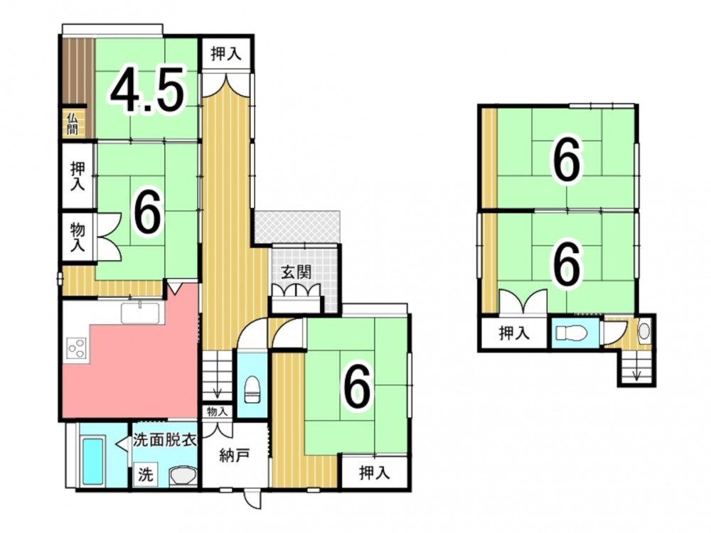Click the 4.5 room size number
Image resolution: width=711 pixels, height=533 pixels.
(x=147, y=90)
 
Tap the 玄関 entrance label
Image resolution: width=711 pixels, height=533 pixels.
(x=296, y=272)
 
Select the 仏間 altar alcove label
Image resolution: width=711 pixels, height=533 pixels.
(x=73, y=124)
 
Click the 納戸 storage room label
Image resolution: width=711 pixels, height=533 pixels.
(x=234, y=456)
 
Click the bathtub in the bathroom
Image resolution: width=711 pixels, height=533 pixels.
(x=93, y=460)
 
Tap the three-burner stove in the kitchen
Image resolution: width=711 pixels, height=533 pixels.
(x=77, y=348)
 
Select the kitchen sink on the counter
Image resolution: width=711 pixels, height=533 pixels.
(x=140, y=313)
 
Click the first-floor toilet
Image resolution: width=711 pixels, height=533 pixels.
(x=252, y=389)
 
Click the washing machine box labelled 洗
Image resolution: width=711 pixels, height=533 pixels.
(x=146, y=475)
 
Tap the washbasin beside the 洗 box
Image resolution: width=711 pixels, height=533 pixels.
(x=183, y=476)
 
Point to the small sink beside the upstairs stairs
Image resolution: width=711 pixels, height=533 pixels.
(x=644, y=332)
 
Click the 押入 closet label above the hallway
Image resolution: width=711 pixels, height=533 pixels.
(x=226, y=54)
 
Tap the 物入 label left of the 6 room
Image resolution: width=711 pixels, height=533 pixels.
(x=77, y=237)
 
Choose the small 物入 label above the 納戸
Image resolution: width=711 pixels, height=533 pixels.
(x=217, y=411)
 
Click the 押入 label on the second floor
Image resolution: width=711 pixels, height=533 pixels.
(x=514, y=333)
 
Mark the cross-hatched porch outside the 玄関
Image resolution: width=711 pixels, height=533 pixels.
(x=296, y=227)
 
